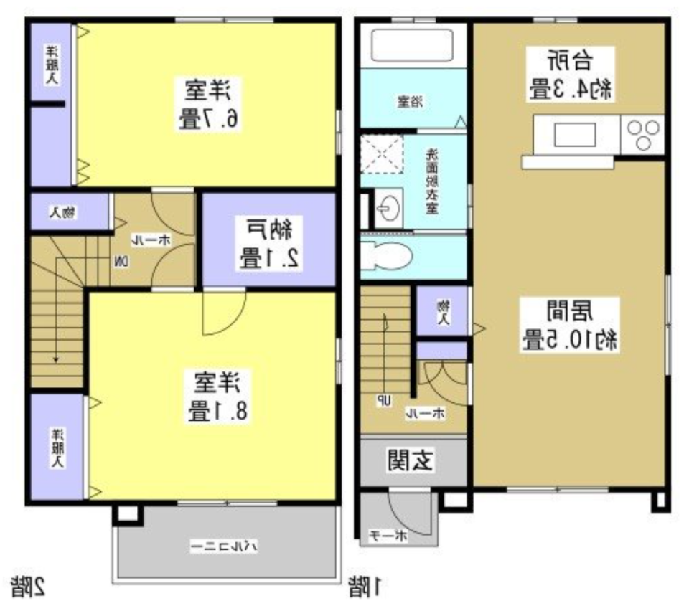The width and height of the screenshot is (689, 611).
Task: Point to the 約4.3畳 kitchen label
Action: (571, 74)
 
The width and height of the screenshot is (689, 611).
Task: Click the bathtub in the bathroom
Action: (413, 46)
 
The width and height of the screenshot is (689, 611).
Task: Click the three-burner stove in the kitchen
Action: (644, 134)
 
